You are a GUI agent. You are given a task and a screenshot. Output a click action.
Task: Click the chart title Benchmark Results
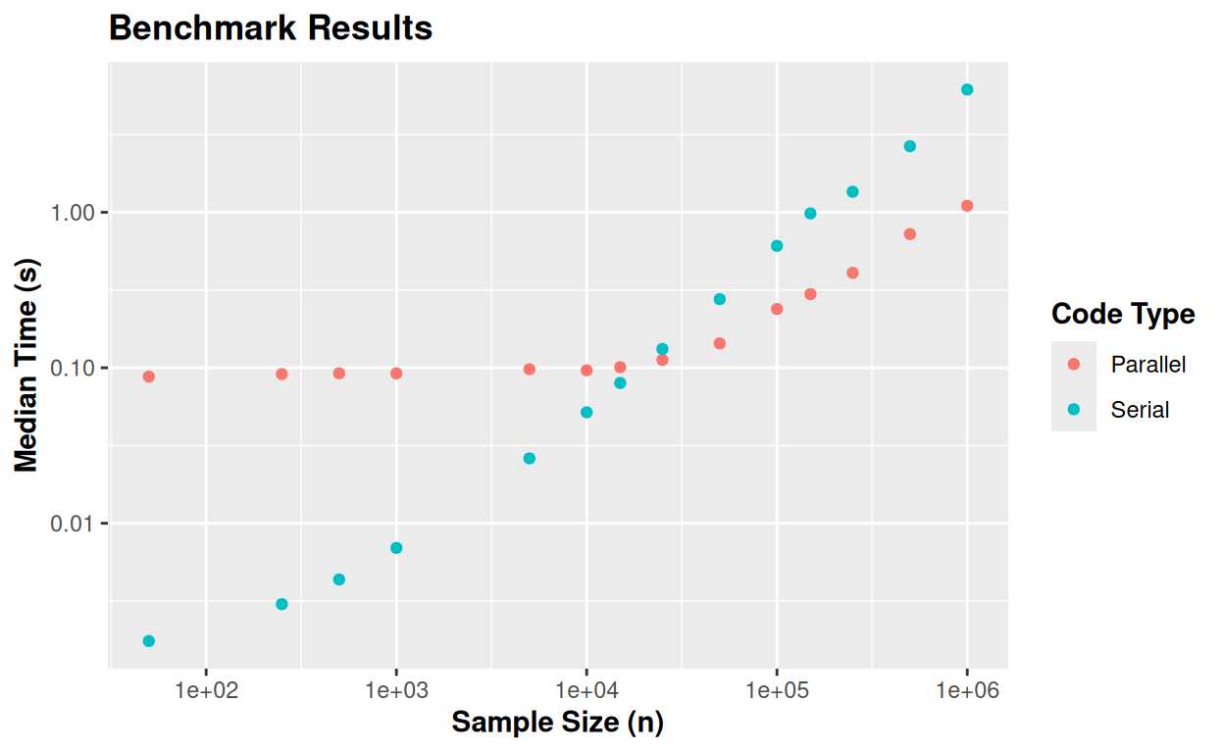tap(271, 27)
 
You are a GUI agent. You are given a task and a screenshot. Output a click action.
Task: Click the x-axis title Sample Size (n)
tap(557, 723)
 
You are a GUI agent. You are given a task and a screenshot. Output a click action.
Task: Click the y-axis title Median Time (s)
tap(27, 366)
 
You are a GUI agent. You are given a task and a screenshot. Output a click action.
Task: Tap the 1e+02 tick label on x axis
tap(205, 691)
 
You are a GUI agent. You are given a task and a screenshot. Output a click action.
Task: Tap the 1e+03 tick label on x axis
tap(395, 691)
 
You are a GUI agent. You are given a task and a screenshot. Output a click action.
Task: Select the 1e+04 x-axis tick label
tap(586, 691)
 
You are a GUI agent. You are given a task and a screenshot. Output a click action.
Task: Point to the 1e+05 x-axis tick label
tap(777, 691)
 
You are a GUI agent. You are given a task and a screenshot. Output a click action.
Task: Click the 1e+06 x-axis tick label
tap(967, 691)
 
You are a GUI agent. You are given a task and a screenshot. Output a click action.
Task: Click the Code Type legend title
tap(1123, 314)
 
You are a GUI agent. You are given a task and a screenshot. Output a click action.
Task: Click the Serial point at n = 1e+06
tap(967, 90)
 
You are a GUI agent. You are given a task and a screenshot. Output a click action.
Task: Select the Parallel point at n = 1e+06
tap(967, 206)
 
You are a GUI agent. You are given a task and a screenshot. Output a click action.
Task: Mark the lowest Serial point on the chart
tap(149, 641)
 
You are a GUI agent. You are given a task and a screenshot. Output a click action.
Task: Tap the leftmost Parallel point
tap(149, 376)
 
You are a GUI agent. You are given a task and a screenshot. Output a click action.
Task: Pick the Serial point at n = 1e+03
tap(396, 548)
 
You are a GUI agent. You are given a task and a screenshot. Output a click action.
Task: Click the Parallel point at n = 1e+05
tap(777, 309)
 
